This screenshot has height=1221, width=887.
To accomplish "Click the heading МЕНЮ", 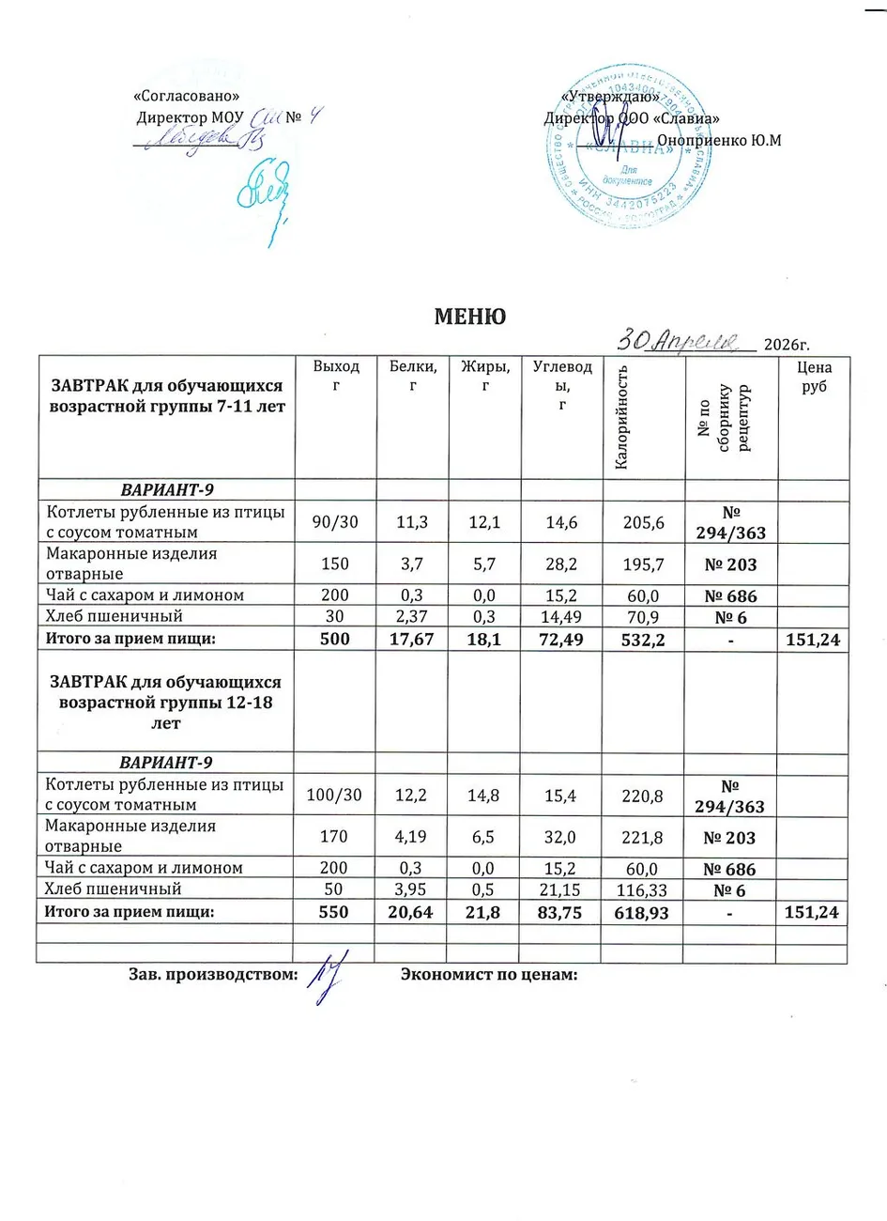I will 469,317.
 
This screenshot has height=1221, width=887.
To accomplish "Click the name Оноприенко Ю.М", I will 719,140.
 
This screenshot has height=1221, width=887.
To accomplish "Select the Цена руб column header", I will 814,378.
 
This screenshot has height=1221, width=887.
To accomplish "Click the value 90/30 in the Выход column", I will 335,522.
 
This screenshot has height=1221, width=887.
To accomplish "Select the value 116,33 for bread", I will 643,889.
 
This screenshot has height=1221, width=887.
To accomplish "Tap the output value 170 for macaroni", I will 335,836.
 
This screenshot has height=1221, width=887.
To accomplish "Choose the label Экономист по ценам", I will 488,975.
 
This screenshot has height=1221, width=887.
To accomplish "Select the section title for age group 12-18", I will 165,702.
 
